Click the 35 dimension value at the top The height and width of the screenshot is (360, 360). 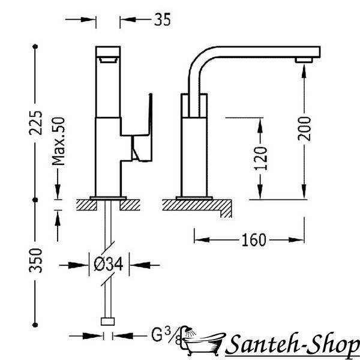pyautogui.click(x=163, y=19)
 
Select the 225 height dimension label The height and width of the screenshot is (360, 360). pyautogui.click(x=35, y=123)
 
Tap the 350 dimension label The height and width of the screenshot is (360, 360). pyautogui.click(x=35, y=260)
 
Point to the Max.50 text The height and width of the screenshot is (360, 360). pyautogui.click(x=58, y=141)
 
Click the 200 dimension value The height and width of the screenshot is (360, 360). pyautogui.click(x=304, y=128)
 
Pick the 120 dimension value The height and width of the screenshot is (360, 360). pyautogui.click(x=261, y=158)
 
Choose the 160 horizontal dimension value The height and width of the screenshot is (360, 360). pyautogui.click(x=254, y=240)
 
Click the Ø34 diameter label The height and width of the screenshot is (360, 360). pyautogui.click(x=109, y=264)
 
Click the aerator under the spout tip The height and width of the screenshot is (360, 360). pyautogui.click(x=304, y=60)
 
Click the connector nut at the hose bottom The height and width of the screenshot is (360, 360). pyautogui.click(x=107, y=322)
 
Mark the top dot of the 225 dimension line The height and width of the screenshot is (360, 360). pyautogui.click(x=35, y=47)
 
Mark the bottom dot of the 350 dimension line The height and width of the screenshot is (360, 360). pyautogui.click(x=35, y=325)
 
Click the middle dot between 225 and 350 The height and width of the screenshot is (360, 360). pyautogui.click(x=35, y=200)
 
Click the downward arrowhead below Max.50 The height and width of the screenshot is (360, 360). pyautogui.click(x=58, y=192)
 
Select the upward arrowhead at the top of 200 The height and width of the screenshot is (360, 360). pyautogui.click(x=304, y=72)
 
